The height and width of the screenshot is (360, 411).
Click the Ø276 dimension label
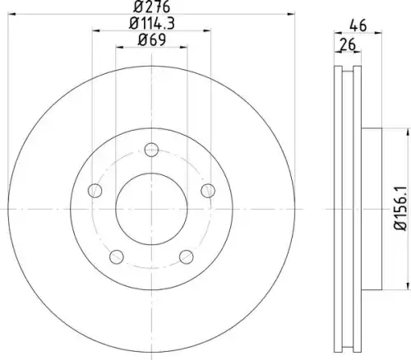point(152,7)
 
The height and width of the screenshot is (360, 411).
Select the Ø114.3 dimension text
point(152,23)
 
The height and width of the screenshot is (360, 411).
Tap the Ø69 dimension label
point(152,39)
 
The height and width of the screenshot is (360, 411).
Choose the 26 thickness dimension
point(347,44)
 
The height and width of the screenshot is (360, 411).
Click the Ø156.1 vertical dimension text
point(400,208)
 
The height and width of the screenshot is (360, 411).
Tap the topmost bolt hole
point(151,150)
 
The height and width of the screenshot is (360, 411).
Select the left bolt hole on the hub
point(95,191)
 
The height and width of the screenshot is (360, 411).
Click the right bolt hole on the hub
point(208,191)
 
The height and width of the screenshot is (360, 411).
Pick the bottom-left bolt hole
point(117,256)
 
